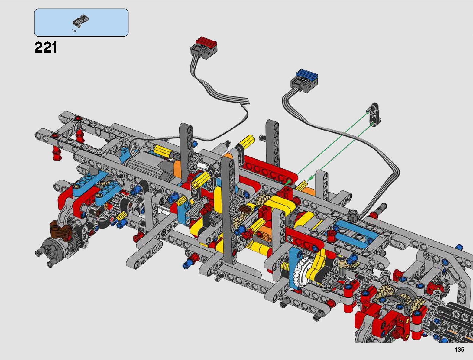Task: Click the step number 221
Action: tap(46, 47)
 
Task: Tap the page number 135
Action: tap(459, 349)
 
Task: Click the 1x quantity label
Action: tap(74, 31)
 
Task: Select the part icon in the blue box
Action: tap(81, 21)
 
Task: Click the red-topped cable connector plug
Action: tap(204, 48)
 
